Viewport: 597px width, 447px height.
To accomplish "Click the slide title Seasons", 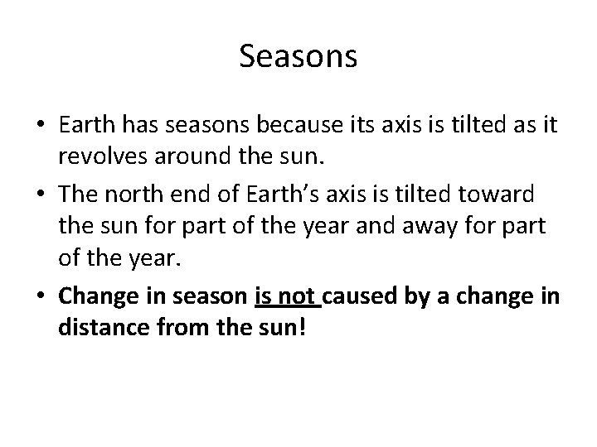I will (x=298, y=57).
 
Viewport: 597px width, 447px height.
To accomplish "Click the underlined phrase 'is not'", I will (x=286, y=296).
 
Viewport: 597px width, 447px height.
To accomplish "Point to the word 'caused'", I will (x=362, y=296).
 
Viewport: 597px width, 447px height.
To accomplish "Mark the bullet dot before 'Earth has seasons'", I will (x=39, y=125).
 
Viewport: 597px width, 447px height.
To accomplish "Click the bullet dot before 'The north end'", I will (x=39, y=194).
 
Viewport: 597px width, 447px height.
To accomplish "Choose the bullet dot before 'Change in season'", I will (x=39, y=296).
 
